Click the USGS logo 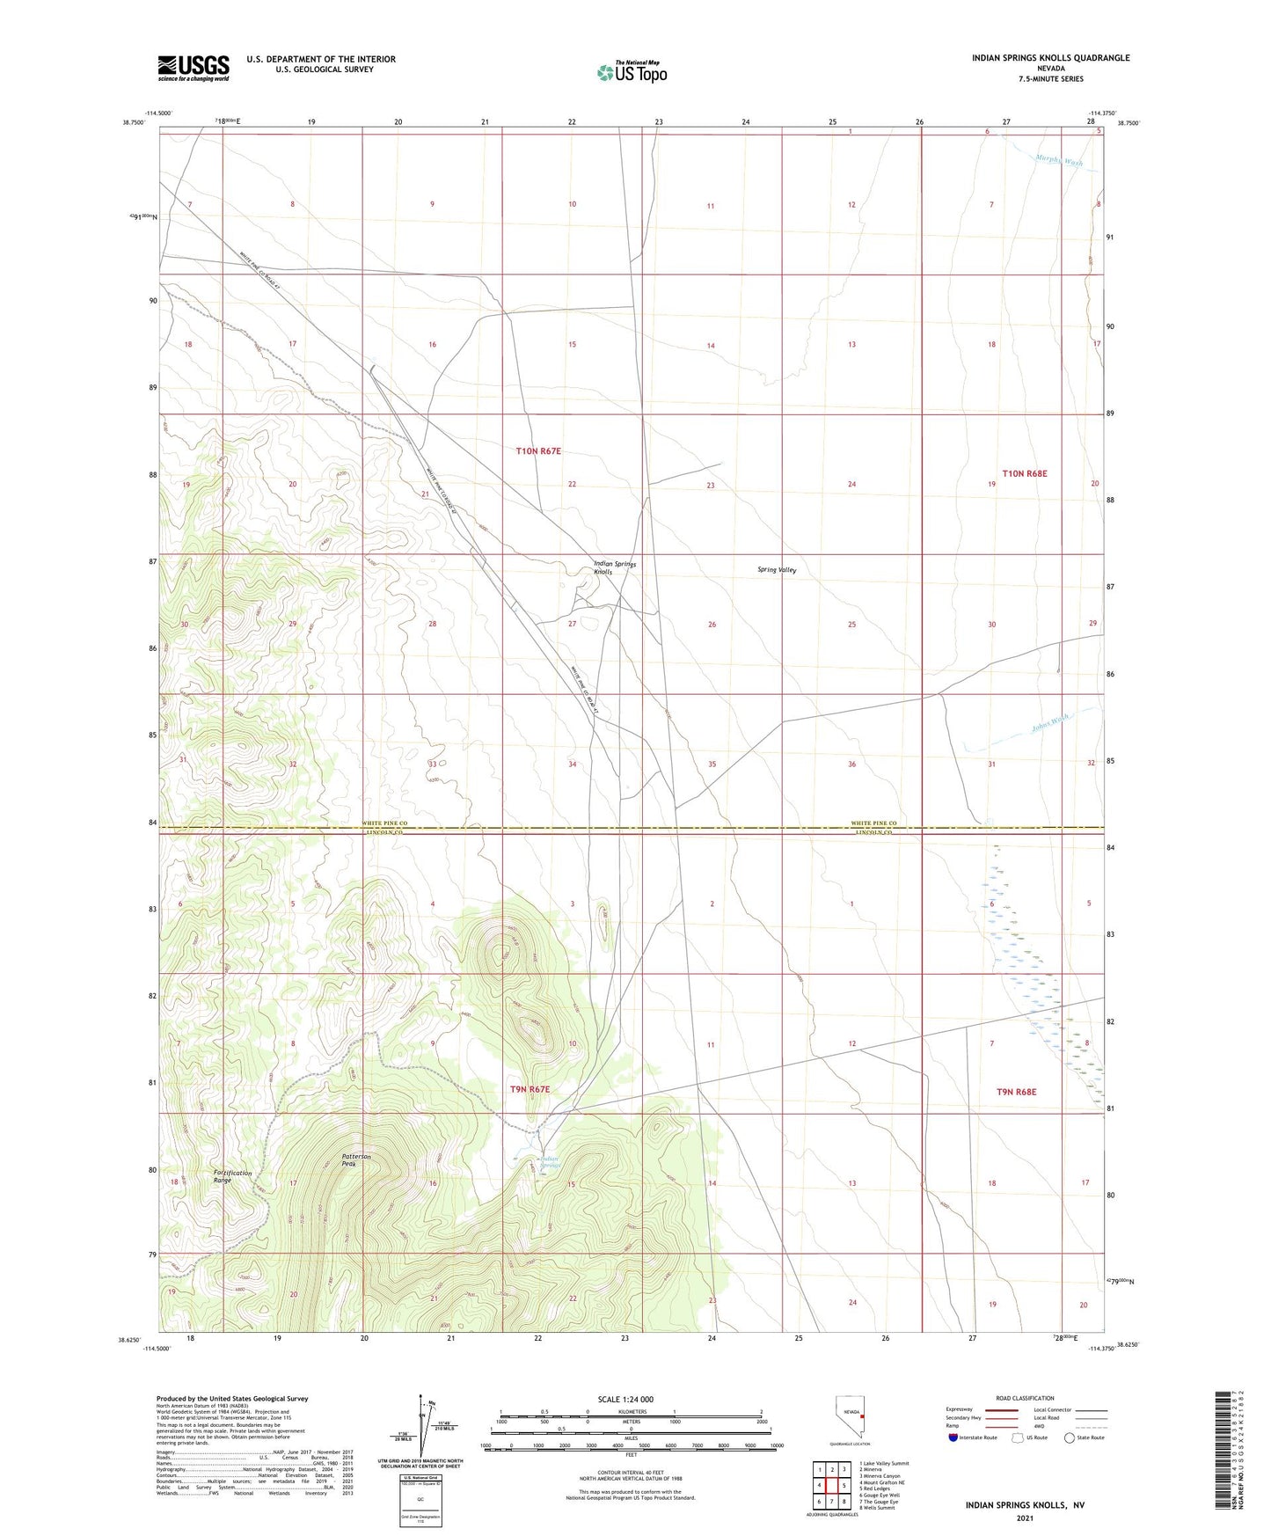[x=194, y=68]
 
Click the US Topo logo [x=632, y=71]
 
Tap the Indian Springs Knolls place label [x=615, y=567]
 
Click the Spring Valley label [x=777, y=570]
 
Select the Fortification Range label [x=232, y=1176]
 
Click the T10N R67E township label [x=538, y=451]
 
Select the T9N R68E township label [x=1016, y=1092]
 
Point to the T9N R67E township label [x=530, y=1089]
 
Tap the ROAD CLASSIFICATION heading [x=1025, y=1398]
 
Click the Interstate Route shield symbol [x=953, y=1437]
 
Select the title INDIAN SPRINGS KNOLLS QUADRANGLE [x=1050, y=58]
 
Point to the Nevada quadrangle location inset [x=850, y=1416]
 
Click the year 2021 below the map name [x=1024, y=1518]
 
